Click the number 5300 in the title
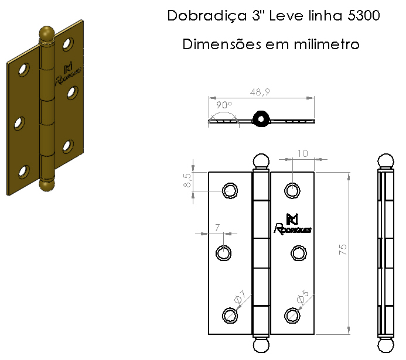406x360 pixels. coord(363,15)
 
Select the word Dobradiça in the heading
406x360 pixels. coord(207,16)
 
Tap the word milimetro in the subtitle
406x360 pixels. coord(326,44)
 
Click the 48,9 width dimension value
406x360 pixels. coord(260,92)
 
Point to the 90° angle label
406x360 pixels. coord(224,105)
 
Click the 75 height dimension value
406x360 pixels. coord(343,249)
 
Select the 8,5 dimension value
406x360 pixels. coord(187,180)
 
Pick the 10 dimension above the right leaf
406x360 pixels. coord(302,153)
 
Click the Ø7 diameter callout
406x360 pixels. coord(240,296)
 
